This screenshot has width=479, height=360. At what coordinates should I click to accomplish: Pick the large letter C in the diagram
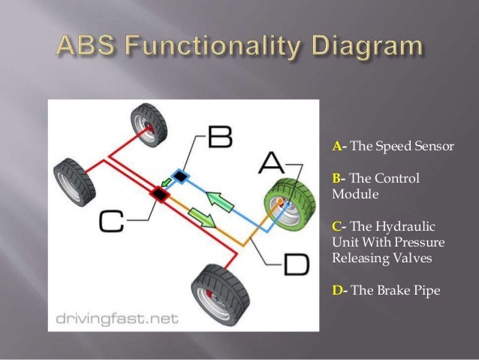click(x=110, y=221)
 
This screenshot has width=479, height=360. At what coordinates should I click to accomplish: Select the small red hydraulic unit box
click(x=159, y=194)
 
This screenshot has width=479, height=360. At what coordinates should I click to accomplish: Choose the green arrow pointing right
click(x=200, y=219)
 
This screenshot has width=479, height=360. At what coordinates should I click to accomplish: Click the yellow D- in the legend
click(x=338, y=289)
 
